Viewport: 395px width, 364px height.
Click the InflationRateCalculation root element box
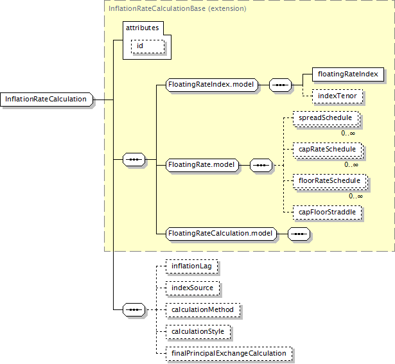click(46, 99)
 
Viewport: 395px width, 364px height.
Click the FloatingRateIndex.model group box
click(212, 84)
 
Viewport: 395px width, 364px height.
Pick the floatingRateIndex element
click(347, 74)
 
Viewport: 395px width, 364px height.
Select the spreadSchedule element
click(325, 119)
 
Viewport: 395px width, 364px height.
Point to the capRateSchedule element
click(327, 150)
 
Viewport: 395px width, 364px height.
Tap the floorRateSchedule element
click(329, 181)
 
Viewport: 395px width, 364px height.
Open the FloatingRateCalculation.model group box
click(220, 234)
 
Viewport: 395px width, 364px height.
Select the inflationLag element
click(191, 264)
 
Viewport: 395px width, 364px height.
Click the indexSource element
click(192, 287)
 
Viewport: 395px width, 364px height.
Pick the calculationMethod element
click(203, 309)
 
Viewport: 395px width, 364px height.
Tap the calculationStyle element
click(198, 331)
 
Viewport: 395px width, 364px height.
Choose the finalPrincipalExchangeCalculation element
click(228, 353)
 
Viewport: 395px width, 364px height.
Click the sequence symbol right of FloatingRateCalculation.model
click(299, 234)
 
